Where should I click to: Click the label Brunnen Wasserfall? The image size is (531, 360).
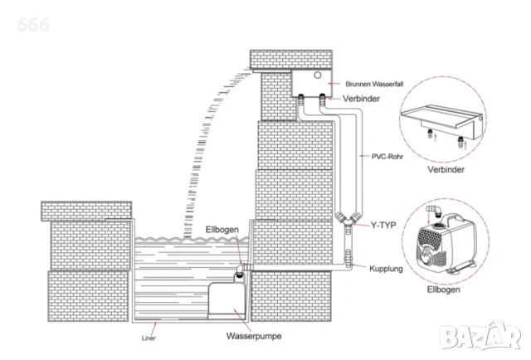pos(374,84)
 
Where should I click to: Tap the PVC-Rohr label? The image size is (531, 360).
pos(387,157)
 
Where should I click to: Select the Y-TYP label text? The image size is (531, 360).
pos(383,226)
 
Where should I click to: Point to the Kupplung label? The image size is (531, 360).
pos(386,269)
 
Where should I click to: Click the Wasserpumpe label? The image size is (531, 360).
pos(254,336)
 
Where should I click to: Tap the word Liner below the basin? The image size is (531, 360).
pos(149,338)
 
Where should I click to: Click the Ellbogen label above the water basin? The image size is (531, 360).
pos(222,230)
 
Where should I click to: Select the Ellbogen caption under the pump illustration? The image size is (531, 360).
pos(443,289)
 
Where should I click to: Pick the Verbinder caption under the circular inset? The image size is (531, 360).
pos(446,170)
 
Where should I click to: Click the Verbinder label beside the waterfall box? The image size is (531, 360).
pos(361,99)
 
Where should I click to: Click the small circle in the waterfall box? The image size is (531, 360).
pos(317,75)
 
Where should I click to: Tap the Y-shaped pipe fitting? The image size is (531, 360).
pos(348,220)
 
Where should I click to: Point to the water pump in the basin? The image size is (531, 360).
pos(227,300)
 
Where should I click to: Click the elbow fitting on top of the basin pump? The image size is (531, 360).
pos(242,270)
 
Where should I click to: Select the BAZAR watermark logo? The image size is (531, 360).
pos(480,334)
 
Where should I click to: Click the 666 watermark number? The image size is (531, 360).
pos(33,25)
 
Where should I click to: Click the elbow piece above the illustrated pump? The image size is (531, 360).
pos(434,210)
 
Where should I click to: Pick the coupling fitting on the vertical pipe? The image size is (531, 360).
pos(348,259)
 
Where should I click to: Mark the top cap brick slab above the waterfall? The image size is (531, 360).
pos(291,60)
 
